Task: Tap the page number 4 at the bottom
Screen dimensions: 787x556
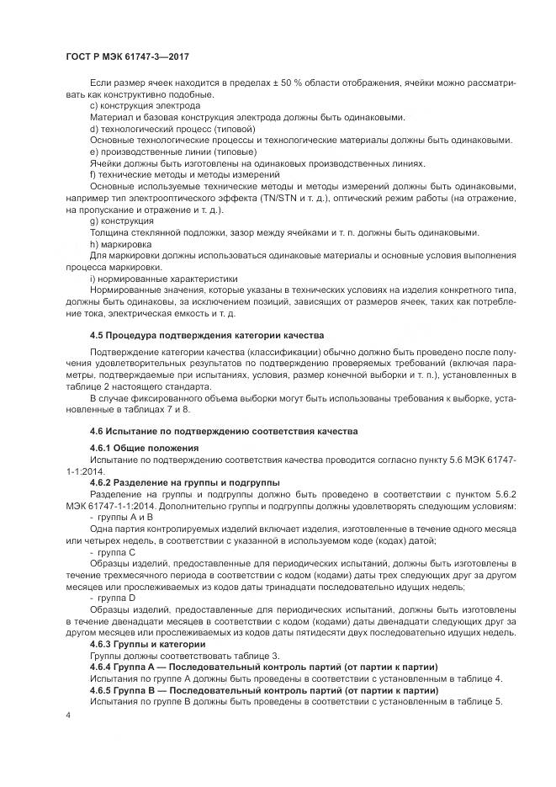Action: click(x=68, y=715)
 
